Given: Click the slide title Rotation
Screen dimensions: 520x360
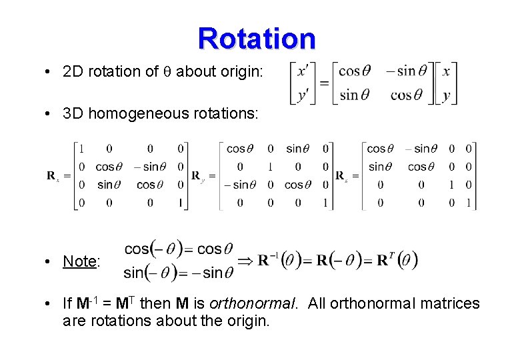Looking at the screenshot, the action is pyautogui.click(x=257, y=39).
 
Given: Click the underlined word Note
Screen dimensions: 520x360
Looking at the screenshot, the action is pyautogui.click(x=80, y=261).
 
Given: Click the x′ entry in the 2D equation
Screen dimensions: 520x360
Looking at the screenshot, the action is pyautogui.click(x=303, y=71).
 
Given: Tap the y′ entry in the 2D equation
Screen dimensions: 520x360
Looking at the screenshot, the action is pyautogui.click(x=303, y=95).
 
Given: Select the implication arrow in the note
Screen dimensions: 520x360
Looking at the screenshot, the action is pyautogui.click(x=245, y=259).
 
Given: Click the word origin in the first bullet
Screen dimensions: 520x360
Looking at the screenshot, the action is pyautogui.click(x=243, y=71).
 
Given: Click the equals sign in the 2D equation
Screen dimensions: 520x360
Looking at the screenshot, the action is pyautogui.click(x=324, y=83).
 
